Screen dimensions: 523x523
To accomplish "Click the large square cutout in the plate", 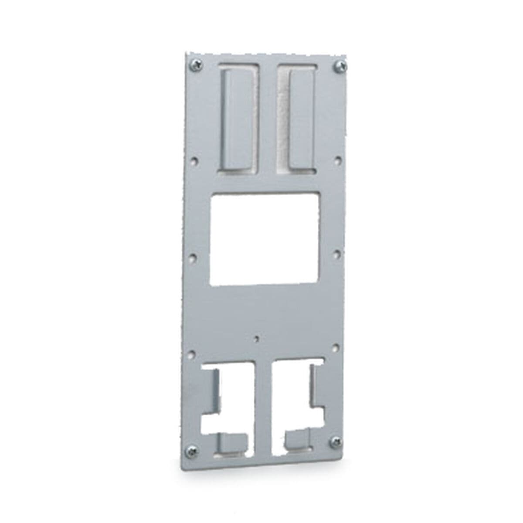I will tap(265, 238).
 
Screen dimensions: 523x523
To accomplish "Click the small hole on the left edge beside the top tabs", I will tap(194, 160).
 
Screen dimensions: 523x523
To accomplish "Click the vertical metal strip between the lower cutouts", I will tap(263, 401).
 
